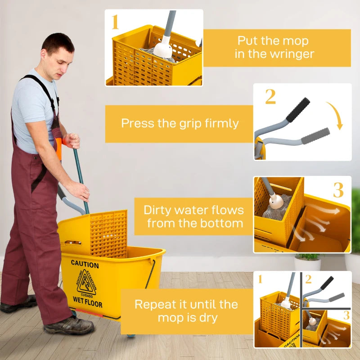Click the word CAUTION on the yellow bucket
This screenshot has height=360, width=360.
(85, 264)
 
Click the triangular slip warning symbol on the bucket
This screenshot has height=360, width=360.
(86, 282)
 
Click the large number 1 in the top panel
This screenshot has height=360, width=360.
(115, 22)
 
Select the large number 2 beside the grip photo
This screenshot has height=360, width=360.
(270, 97)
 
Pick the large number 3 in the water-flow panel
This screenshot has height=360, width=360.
(338, 190)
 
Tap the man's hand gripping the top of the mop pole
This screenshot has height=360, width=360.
(72, 140)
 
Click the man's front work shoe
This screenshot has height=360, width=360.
(68, 325)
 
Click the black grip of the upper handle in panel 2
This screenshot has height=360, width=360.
(298, 109)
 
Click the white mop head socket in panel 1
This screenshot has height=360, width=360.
(163, 49)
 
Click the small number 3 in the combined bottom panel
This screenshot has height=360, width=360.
(346, 315)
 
